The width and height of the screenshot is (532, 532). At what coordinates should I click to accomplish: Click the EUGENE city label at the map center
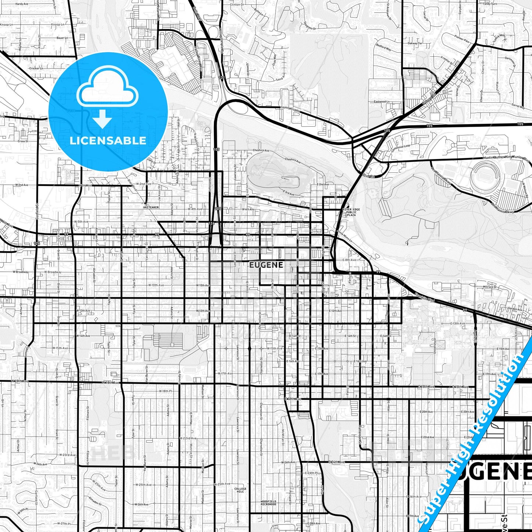266,265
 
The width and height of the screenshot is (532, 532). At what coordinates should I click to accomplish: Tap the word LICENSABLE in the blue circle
108,140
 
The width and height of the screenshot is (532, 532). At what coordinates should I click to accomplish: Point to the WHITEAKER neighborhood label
151,207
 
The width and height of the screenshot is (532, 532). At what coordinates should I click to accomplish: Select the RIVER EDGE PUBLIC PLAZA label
351,212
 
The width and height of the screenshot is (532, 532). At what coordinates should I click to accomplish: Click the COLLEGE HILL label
240,490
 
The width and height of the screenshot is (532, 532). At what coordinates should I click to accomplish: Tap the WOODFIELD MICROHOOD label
268,503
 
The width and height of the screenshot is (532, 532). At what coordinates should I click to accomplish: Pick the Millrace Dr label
490,286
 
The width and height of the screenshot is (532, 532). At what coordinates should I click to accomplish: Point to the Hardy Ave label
22,4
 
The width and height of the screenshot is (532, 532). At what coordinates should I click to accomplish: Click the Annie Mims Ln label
344,236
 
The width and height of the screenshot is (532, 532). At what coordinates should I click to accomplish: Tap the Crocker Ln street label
36,68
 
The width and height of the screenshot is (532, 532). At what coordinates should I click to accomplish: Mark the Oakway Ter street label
415,43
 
